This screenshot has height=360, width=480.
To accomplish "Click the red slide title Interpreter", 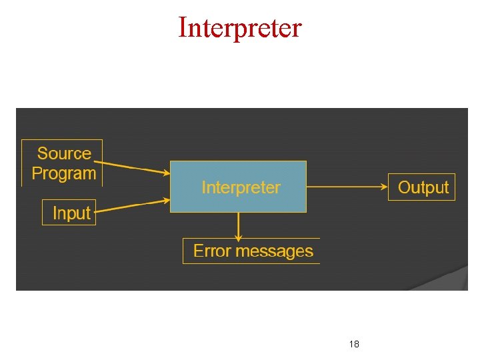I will (240, 27).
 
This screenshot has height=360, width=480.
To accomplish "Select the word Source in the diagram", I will (64, 153).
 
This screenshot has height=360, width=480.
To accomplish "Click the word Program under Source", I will (64, 174).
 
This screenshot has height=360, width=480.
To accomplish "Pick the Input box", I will (69, 213).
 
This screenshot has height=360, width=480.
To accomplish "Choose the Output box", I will (423, 187).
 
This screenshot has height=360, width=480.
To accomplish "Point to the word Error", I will (211, 251).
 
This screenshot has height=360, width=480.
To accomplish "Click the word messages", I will (273, 251).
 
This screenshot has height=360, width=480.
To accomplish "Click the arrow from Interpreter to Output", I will (347, 187).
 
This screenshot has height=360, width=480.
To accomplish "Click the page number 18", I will (354, 344).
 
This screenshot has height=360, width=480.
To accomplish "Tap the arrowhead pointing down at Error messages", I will (238, 237).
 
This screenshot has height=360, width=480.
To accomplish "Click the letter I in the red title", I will (183, 27).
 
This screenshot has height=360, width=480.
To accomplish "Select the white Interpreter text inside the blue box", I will (241, 187).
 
